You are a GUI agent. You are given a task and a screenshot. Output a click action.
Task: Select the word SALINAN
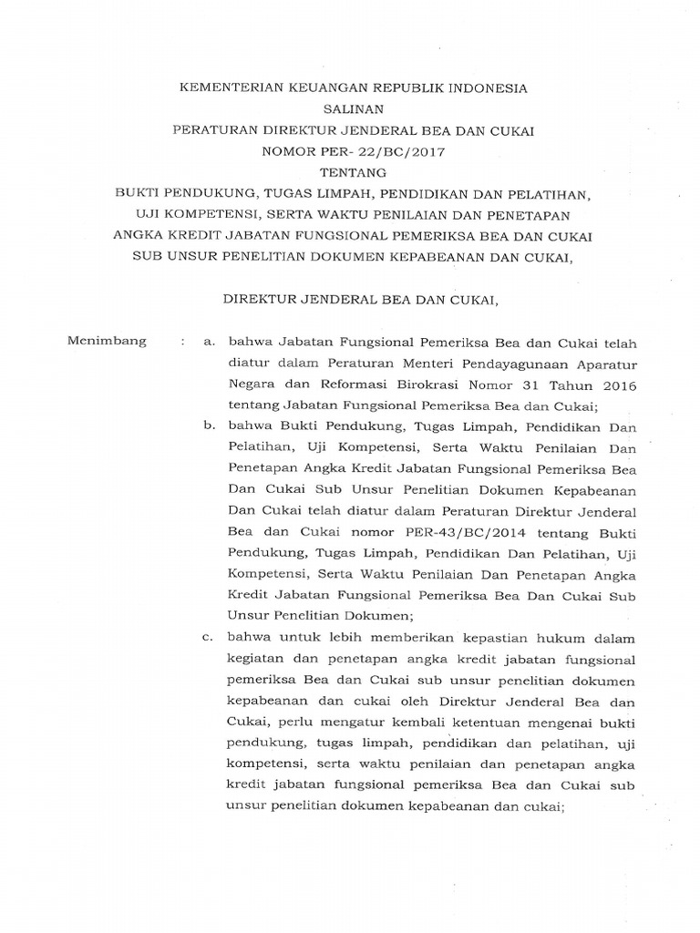[353, 110]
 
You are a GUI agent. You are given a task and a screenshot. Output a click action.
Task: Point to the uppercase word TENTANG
[353, 173]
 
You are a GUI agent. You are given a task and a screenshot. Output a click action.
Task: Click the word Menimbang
[108, 342]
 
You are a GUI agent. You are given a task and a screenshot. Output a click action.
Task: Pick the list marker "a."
[210, 342]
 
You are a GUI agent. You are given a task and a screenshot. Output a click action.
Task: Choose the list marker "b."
[210, 426]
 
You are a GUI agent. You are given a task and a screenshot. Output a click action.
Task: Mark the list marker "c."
[210, 637]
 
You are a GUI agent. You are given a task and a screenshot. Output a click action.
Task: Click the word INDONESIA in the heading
[483, 89]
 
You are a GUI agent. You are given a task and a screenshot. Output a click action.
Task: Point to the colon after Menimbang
[183, 342]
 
